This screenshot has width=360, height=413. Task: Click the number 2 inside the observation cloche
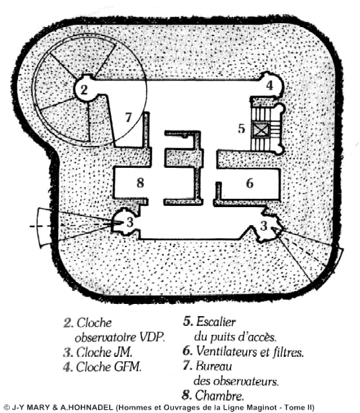tap(84, 90)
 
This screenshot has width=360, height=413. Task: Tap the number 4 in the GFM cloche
tap(270, 85)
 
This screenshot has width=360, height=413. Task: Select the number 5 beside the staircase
tap(241, 128)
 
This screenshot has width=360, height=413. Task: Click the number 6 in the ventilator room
tap(250, 183)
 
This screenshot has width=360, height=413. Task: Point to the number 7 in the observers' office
tap(128, 117)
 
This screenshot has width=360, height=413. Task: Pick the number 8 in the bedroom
tap(141, 182)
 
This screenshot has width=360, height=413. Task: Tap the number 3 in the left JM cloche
tap(130, 223)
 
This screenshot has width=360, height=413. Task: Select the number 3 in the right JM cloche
tap(264, 226)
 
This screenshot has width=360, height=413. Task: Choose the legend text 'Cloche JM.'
tap(105, 352)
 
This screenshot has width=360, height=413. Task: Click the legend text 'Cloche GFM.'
tap(109, 367)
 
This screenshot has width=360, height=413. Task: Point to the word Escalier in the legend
tap(216, 321)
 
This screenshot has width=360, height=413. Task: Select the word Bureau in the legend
tap(214, 366)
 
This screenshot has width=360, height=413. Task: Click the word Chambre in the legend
tap(219, 396)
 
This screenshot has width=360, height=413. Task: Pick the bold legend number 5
tap(188, 321)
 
